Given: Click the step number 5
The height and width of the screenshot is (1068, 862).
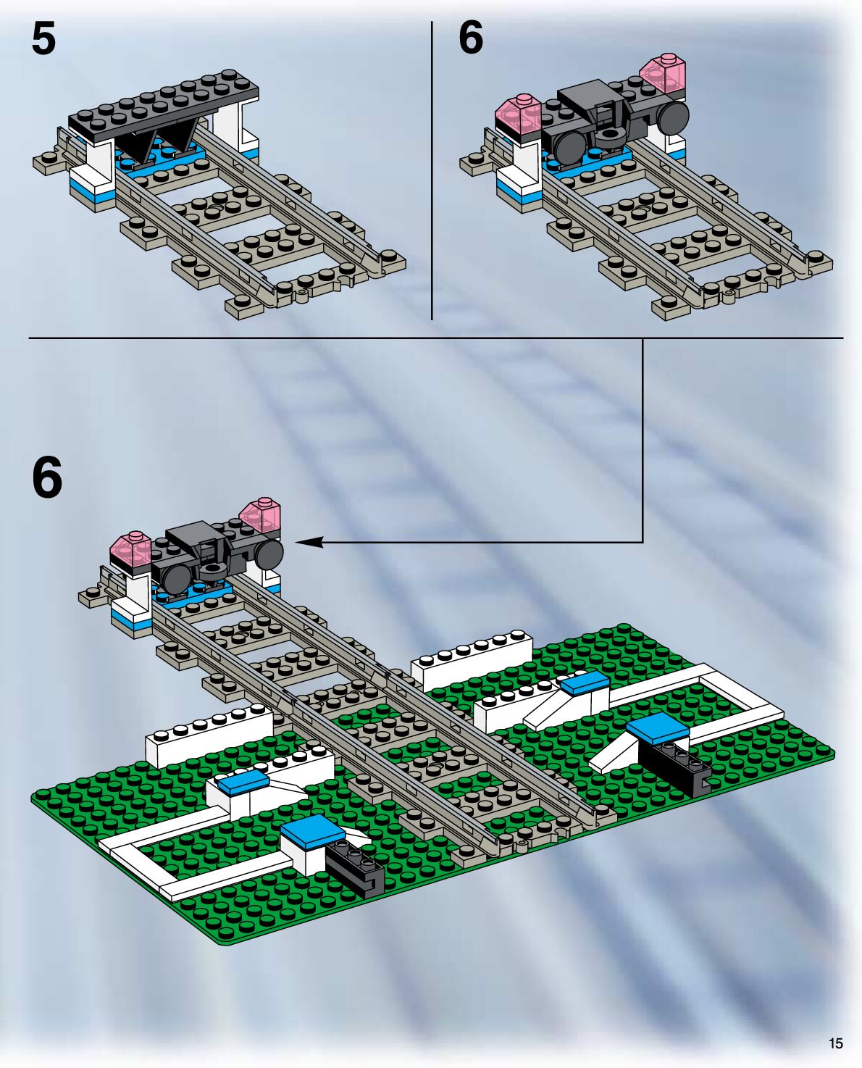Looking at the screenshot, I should click(43, 39).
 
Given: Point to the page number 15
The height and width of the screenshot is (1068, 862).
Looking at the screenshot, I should click(835, 1043).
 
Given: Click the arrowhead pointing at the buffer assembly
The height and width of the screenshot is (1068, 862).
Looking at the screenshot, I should click(306, 542).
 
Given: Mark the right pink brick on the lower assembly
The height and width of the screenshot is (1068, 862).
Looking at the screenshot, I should click(260, 515).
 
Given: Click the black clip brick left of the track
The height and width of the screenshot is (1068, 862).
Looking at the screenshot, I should click(355, 866).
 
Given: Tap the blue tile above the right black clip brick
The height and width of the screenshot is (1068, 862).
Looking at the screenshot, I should click(657, 727).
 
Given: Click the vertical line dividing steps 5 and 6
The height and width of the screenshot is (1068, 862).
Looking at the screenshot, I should click(432, 170).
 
